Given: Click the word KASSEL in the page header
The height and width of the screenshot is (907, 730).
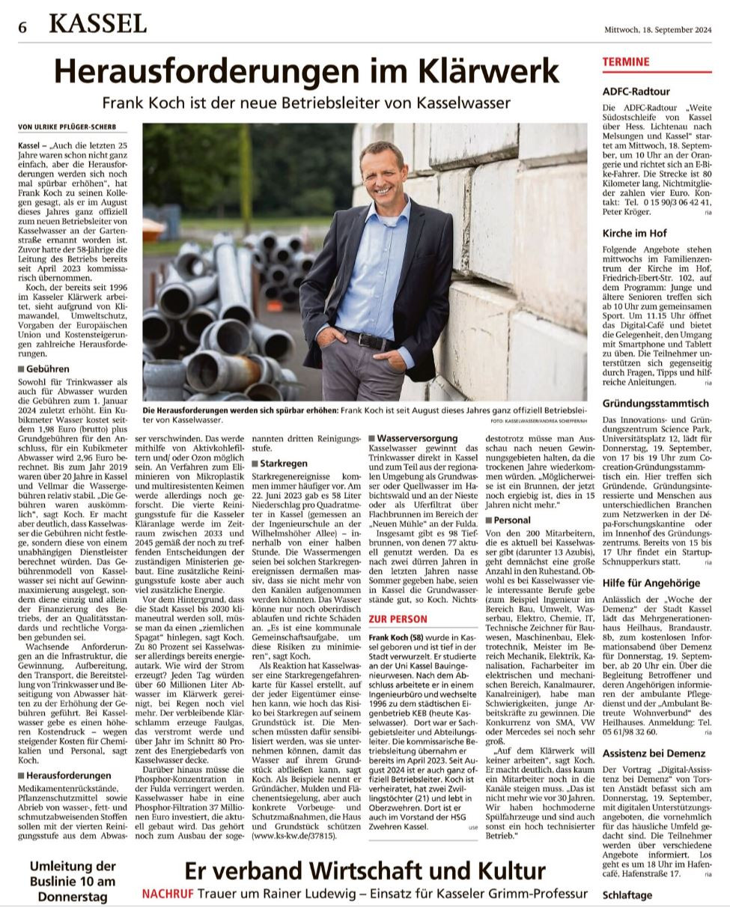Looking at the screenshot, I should [98, 25].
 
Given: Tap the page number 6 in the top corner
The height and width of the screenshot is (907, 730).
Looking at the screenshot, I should [23, 27].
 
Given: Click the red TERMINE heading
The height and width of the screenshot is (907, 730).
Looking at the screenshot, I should [626, 62].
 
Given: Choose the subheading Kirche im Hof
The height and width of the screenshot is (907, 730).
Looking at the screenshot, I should [634, 234].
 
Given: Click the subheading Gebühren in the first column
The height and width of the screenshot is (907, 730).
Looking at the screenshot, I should [47, 368].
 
